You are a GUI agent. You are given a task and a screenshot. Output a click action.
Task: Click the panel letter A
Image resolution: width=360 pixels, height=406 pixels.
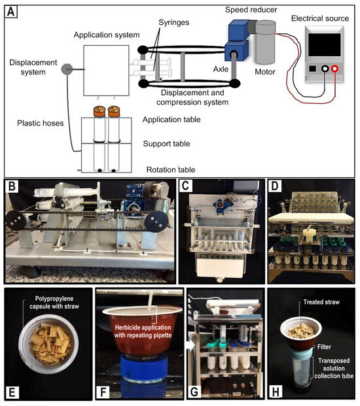[x=11, y=12]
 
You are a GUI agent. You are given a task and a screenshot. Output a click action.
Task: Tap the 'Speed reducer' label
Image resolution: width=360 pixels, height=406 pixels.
[x=251, y=10]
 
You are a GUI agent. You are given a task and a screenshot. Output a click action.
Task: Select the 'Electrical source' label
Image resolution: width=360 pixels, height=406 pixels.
[x=320, y=18]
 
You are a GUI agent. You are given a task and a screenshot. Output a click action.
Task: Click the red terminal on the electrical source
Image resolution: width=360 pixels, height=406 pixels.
[x=334, y=69]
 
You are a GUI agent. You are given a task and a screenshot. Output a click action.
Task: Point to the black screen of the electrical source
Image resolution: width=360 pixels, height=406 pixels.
[x=325, y=44]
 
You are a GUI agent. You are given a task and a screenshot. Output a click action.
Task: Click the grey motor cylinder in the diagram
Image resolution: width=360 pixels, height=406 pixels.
[x=265, y=42]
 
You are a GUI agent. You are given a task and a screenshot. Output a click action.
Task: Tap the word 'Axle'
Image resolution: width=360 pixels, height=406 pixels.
[x=221, y=69]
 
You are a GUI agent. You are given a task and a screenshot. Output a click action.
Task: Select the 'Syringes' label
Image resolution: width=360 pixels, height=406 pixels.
[x=174, y=22]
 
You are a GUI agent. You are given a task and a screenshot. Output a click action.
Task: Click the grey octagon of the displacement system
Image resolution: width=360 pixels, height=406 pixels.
[x=67, y=69]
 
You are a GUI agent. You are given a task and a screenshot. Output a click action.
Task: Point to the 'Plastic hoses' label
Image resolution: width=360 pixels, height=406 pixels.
[x=41, y=123]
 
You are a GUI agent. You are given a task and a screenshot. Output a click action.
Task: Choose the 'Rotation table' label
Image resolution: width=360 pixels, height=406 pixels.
[x=171, y=169]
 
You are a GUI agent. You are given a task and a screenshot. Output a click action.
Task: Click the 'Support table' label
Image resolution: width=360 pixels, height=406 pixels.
[x=167, y=144]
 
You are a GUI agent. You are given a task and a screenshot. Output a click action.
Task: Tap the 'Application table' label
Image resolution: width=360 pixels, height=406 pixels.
[x=171, y=120]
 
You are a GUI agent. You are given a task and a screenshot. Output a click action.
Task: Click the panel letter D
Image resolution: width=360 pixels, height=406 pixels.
[x=274, y=186]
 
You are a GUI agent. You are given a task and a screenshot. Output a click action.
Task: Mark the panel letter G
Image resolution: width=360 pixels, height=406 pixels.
[x=194, y=392]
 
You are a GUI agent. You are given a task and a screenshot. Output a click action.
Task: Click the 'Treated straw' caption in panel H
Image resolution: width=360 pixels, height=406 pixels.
[x=321, y=302]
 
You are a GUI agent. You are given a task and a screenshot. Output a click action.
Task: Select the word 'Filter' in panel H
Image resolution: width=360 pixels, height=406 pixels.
[x=324, y=347]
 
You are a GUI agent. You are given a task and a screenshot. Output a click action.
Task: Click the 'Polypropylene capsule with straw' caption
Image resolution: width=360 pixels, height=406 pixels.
[x=54, y=303]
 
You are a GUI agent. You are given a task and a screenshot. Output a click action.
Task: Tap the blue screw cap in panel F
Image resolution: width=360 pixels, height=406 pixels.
[x=144, y=369]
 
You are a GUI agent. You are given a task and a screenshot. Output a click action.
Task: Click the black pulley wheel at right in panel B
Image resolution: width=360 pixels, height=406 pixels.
[x=156, y=223]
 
